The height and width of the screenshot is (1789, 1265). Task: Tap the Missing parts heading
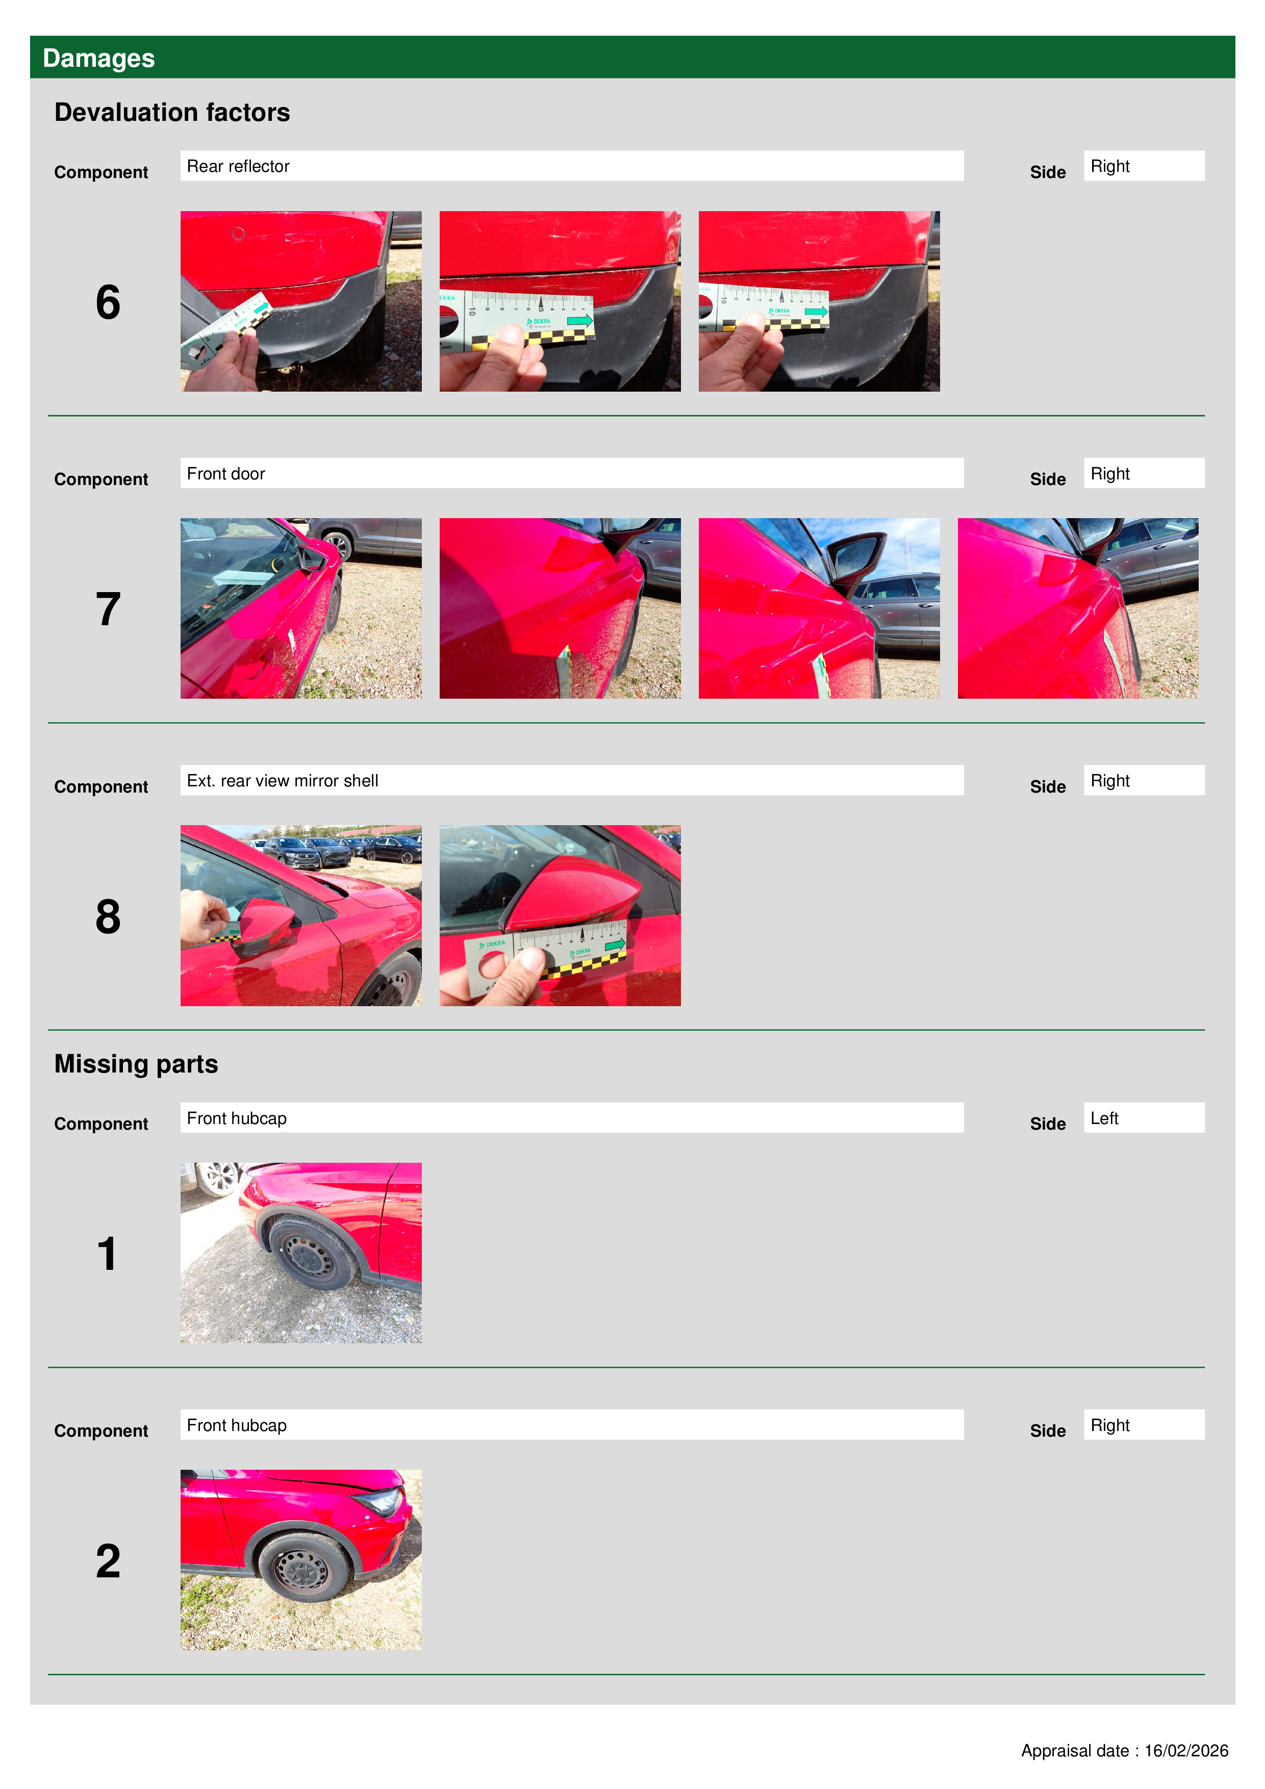(136, 1064)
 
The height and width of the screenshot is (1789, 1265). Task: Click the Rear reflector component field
(571, 166)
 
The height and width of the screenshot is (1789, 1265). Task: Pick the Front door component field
(571, 473)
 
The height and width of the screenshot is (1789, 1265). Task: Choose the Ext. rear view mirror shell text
(282, 781)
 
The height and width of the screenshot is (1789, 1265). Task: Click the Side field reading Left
(1144, 1117)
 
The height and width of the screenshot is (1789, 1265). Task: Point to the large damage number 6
(108, 302)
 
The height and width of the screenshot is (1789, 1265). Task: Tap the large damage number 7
(108, 609)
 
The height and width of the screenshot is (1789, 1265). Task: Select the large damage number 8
(108, 916)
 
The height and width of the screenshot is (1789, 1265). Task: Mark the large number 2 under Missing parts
(108, 1561)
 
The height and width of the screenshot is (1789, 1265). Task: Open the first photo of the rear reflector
(301, 301)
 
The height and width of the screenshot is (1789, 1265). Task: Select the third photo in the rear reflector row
(819, 301)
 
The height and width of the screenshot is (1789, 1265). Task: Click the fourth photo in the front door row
(1078, 608)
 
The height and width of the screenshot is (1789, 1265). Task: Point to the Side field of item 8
(1144, 780)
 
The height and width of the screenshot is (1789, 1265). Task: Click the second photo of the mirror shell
(560, 915)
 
